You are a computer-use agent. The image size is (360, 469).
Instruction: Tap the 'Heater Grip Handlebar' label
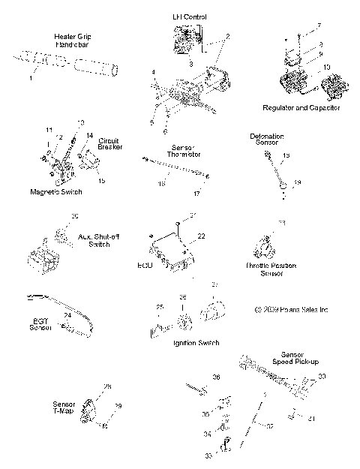coord(72,40)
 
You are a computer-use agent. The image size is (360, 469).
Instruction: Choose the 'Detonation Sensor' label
coord(266,139)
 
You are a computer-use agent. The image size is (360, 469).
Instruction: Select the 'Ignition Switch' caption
coord(196,343)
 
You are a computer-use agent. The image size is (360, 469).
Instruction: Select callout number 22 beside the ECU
coord(202,236)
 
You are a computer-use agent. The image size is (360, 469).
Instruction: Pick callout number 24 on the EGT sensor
coord(67,315)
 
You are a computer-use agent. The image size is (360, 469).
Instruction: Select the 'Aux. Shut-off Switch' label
coord(94,240)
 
